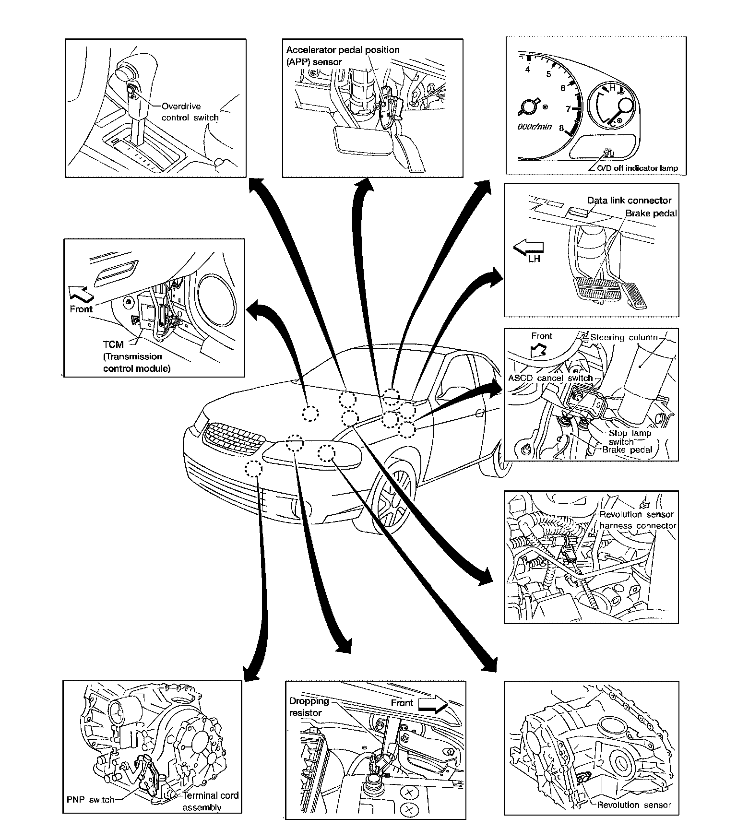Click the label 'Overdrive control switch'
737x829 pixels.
(x=190, y=112)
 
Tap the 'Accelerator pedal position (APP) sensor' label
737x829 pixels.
(x=343, y=56)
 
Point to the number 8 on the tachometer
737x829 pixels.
(x=561, y=129)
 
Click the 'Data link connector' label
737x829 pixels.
(x=629, y=201)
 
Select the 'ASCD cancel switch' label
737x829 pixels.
(x=550, y=378)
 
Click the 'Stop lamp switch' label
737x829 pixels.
(x=630, y=437)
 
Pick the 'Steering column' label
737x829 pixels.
(x=623, y=337)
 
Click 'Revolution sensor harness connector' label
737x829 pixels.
(x=638, y=520)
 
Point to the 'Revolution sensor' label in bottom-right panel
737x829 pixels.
(x=634, y=805)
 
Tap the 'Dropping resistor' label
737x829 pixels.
(x=309, y=707)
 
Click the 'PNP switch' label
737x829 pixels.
(x=90, y=800)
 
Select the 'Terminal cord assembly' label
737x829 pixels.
(x=210, y=801)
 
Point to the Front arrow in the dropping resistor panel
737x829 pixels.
(x=433, y=704)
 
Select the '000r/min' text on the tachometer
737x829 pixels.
(x=534, y=128)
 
